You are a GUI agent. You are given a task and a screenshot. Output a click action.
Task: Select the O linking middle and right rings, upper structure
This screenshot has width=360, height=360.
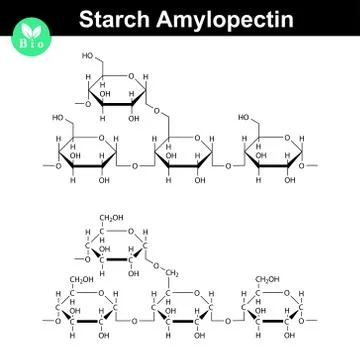227,167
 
